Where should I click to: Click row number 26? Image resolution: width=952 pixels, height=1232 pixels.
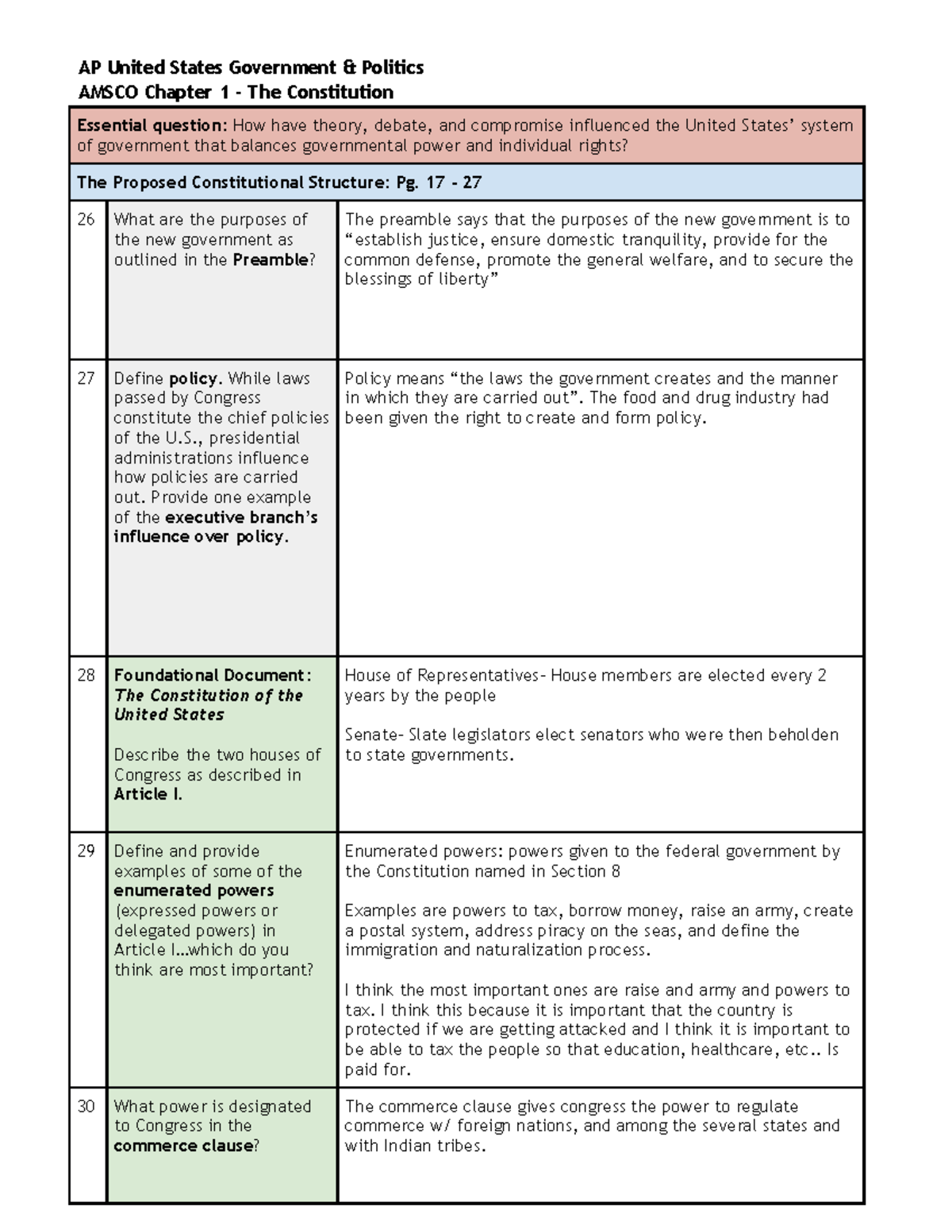[x=86, y=220]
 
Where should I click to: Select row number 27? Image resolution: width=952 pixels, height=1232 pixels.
[x=86, y=378]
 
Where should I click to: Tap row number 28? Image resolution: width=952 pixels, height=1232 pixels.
[x=86, y=675]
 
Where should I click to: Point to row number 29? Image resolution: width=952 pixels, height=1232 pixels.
[x=86, y=851]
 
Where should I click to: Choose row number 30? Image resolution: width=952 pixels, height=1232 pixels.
[x=86, y=1107]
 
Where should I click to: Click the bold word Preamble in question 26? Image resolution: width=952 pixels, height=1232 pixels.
[x=270, y=260]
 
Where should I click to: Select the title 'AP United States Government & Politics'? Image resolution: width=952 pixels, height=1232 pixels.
[x=251, y=67]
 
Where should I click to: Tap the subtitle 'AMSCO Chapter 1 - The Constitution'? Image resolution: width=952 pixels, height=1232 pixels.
[x=236, y=92]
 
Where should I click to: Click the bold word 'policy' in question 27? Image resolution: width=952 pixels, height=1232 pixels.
[x=193, y=379]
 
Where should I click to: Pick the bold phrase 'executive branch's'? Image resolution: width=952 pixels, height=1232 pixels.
[x=241, y=517]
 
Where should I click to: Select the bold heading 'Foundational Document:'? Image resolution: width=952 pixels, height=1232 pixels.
[x=212, y=675]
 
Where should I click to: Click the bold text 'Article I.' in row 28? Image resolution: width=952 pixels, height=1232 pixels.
[x=148, y=794]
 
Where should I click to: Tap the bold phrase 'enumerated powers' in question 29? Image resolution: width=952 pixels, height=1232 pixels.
[x=194, y=891]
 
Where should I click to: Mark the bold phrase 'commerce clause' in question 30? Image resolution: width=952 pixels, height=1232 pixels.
[x=183, y=1146]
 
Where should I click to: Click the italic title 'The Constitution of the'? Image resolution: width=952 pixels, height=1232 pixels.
[x=208, y=696]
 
